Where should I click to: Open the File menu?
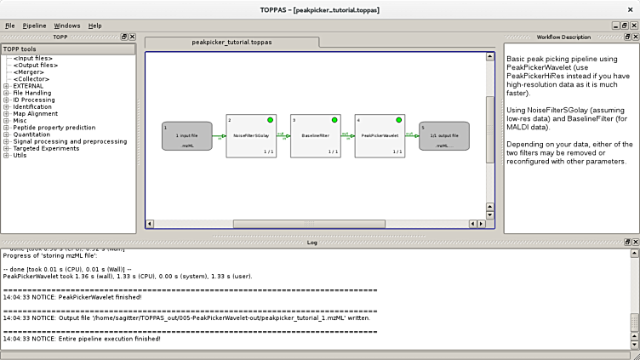(x=10, y=26)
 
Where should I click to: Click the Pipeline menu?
(x=35, y=26)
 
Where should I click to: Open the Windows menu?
(x=66, y=26)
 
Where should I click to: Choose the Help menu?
(x=94, y=26)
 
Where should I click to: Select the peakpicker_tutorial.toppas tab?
(x=231, y=42)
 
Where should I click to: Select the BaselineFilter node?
(x=315, y=135)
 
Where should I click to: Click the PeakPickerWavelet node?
(x=379, y=135)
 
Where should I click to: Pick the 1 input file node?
(x=186, y=136)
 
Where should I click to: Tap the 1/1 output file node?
(x=443, y=136)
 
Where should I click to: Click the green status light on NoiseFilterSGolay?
(x=270, y=120)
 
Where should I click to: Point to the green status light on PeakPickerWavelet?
(x=398, y=120)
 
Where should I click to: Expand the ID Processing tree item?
(x=6, y=100)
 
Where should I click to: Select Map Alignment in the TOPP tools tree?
(x=35, y=113)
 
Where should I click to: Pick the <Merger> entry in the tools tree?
(x=30, y=72)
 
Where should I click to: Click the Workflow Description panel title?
(x=563, y=37)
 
